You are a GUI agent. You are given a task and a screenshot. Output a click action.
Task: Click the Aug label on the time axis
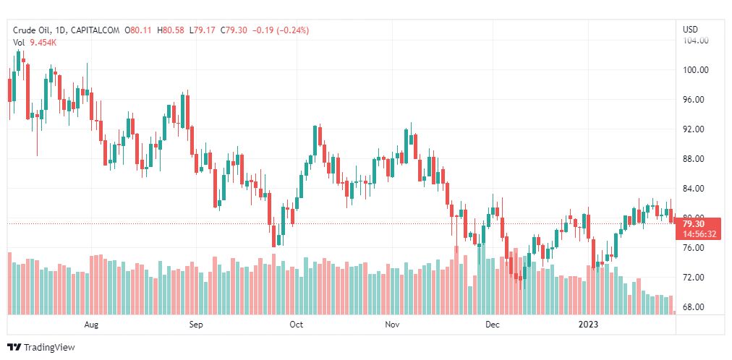91,325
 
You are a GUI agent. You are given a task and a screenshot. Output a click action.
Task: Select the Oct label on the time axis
296,325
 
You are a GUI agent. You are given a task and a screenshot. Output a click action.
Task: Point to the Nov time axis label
392,325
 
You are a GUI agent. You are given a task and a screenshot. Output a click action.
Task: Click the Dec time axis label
493,325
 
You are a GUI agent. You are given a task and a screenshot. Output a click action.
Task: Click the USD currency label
690,30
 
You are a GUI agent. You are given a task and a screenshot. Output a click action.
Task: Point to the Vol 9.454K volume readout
35,43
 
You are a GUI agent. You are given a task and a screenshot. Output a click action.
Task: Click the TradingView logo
41,347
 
